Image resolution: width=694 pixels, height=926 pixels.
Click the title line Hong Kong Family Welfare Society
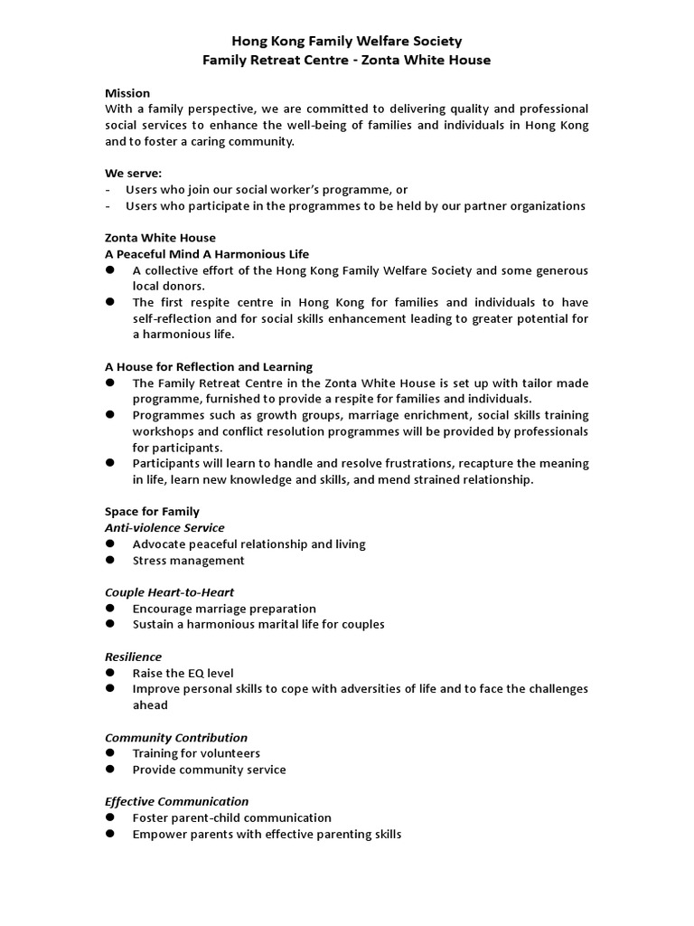point(347,41)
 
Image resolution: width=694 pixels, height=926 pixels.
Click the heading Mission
point(127,93)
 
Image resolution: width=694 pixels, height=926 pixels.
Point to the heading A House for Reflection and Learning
point(209,366)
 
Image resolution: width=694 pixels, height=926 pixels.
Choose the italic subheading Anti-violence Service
point(164,528)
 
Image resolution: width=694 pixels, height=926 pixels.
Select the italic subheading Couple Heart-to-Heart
point(169,592)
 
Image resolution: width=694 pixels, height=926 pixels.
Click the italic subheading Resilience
point(134,657)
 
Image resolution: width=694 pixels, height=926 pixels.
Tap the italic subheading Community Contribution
point(176,738)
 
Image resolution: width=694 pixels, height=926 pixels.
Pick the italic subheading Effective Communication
point(177,801)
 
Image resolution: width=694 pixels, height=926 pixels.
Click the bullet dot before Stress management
point(109,561)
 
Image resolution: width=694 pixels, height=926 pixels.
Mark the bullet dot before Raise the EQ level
point(109,673)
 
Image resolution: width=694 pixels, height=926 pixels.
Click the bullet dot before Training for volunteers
point(109,753)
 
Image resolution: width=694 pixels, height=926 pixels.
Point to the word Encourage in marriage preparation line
point(163,609)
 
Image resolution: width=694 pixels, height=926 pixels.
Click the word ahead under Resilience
point(150,705)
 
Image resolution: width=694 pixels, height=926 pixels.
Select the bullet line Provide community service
point(209,770)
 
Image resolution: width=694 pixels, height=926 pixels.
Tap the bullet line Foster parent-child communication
point(231,817)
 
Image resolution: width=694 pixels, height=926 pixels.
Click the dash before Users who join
point(108,190)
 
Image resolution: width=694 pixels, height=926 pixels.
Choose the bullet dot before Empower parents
point(109,834)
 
